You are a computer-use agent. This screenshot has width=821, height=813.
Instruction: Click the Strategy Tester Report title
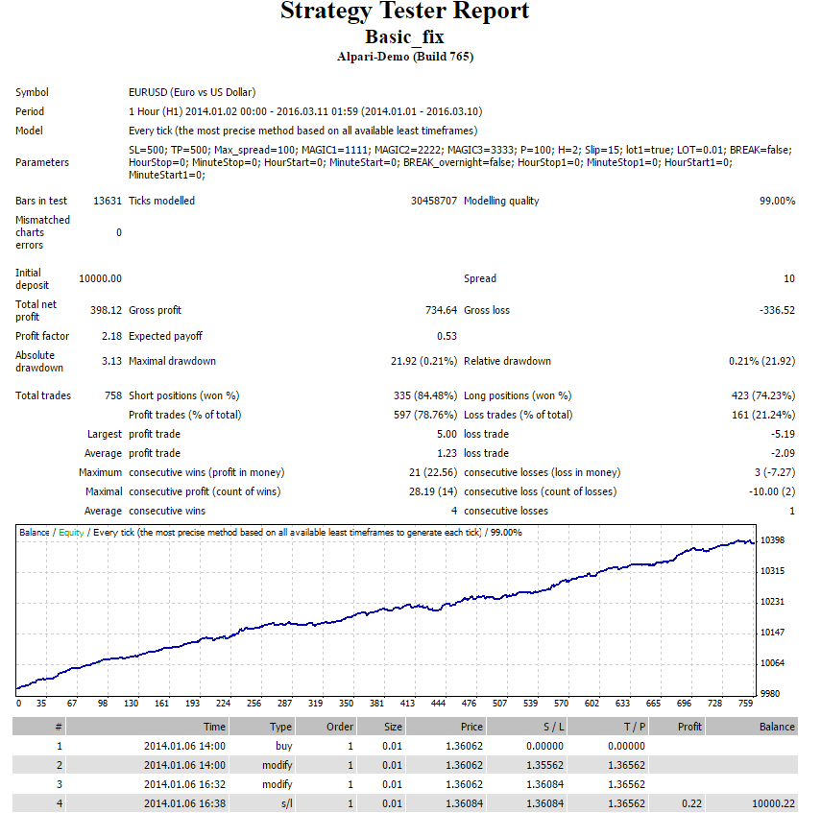(405, 12)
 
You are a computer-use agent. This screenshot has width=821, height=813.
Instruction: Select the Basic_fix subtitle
(405, 37)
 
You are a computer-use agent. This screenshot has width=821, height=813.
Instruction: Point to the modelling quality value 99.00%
(777, 201)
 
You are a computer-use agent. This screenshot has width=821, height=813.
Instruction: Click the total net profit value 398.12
(106, 310)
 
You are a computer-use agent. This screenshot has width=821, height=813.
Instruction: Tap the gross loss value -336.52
(777, 310)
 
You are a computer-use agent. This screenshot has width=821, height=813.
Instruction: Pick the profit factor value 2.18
(111, 336)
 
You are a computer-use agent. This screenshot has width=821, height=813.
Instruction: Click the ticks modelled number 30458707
(433, 201)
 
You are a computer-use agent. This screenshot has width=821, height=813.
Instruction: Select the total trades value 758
(113, 395)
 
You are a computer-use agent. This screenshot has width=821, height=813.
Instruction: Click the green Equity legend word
(71, 533)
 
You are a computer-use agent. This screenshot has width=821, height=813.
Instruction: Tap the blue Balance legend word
(34, 533)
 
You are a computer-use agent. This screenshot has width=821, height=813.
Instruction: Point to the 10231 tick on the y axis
(772, 602)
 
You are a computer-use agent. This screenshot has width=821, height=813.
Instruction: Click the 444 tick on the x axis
(438, 704)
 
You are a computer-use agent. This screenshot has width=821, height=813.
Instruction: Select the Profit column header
(689, 727)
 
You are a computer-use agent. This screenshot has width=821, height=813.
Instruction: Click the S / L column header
(553, 727)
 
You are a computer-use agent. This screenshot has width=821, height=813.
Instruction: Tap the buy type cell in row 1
(284, 746)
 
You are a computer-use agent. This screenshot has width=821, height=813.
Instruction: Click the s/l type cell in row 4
(287, 803)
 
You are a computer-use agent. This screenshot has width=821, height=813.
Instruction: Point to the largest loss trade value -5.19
(783, 435)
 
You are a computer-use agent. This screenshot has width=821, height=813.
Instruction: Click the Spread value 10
(789, 279)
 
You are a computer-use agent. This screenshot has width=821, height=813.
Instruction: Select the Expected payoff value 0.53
(447, 336)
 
